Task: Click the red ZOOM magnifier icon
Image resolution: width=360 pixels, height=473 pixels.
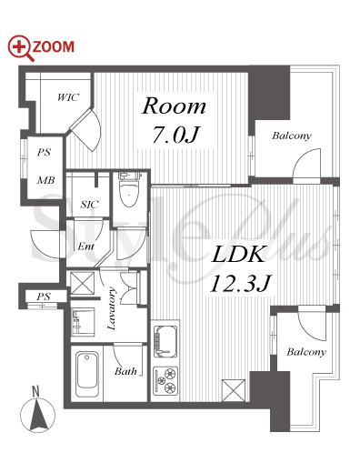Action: click(20, 47)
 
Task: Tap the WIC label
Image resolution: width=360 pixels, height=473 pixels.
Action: click(68, 97)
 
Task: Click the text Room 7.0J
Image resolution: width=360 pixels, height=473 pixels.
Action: click(175, 120)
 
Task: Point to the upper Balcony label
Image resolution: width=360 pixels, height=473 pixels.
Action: click(292, 136)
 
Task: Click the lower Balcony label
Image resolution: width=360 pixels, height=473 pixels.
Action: click(306, 352)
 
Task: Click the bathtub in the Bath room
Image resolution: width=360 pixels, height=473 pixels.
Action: click(87, 374)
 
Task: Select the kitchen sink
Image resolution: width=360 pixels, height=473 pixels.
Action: click(165, 341)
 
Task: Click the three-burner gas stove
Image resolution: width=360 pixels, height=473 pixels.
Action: click(165, 380)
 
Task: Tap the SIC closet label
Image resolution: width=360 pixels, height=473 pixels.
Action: click(89, 205)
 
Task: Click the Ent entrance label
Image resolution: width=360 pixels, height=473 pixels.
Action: click(85, 247)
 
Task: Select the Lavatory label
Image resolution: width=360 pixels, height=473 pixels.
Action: click(111, 308)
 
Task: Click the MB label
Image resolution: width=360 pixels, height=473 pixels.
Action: click(45, 180)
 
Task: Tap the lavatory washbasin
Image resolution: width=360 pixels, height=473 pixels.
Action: click(83, 322)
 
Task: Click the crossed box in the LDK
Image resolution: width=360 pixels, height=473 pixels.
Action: click(234, 390)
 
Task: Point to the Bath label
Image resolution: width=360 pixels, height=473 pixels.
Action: click(125, 371)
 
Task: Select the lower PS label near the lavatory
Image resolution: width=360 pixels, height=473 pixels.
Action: click(44, 297)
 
